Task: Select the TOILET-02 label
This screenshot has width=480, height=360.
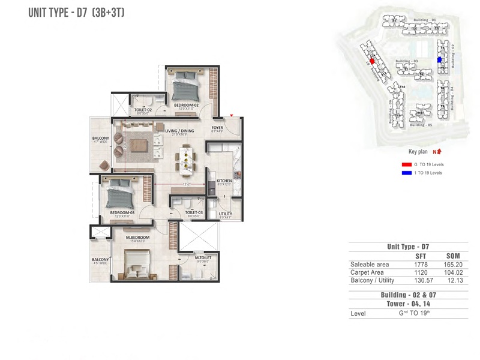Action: pyautogui.click(x=142, y=110)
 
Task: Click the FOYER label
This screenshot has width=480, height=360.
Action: pyautogui.click(x=217, y=128)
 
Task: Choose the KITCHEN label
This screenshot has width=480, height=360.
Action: pyautogui.click(x=224, y=180)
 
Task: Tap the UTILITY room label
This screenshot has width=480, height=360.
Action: pyautogui.click(x=225, y=214)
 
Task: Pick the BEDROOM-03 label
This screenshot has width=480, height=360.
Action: pyautogui.click(x=122, y=212)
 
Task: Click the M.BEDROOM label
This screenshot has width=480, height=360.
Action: pyautogui.click(x=137, y=238)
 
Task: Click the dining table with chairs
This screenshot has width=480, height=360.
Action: pyautogui.click(x=187, y=160)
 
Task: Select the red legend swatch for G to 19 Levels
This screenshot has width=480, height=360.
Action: pyautogui.click(x=406, y=164)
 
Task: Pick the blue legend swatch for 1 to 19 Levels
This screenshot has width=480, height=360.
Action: pyautogui.click(x=406, y=173)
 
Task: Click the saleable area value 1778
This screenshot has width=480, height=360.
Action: pyautogui.click(x=421, y=264)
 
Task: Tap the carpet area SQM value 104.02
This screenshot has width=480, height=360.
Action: pyautogui.click(x=452, y=272)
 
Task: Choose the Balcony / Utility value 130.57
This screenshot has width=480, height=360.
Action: pyautogui.click(x=419, y=281)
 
